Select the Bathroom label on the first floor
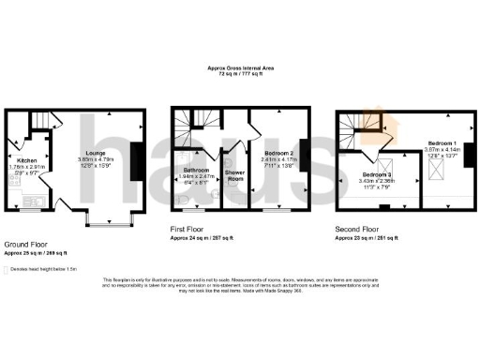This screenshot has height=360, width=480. [196, 170]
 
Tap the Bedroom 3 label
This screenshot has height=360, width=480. [379, 174]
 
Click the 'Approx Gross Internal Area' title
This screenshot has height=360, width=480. [239, 67]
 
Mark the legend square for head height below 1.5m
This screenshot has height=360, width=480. [9, 266]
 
